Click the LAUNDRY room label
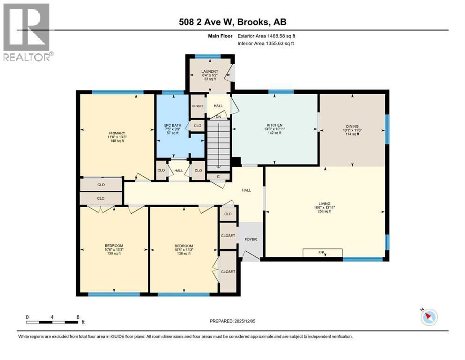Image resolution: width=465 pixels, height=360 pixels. [209, 72]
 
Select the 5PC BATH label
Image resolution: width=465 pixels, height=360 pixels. [172, 125]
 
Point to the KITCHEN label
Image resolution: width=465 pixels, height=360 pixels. [274, 126]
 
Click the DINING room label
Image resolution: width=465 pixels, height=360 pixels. [352, 127]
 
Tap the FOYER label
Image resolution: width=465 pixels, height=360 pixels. [251, 240]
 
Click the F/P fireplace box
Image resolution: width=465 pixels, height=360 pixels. [322, 253]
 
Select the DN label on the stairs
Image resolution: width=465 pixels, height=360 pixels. [218, 117]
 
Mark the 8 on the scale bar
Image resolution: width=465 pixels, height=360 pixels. [77, 317]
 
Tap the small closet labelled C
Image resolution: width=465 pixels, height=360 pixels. [218, 176]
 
